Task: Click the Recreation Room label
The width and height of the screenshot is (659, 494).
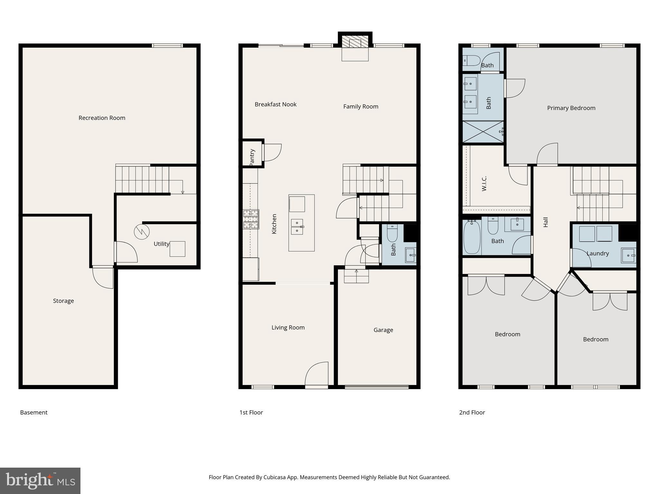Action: [102, 118]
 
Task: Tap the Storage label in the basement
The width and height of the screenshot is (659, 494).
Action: [63, 301]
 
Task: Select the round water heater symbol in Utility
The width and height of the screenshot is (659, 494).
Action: [142, 232]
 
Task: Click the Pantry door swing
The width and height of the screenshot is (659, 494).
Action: [272, 152]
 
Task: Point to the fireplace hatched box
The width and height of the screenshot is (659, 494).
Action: [355, 42]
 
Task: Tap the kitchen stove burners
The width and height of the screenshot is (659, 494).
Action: [251, 219]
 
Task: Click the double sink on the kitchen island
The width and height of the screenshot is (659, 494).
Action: [297, 227]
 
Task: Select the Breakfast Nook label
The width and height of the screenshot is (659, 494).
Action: [275, 105]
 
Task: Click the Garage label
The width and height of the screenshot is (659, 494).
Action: [383, 330]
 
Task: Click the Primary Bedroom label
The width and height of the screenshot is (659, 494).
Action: [571, 108]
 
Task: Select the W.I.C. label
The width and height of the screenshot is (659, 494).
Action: [484, 184]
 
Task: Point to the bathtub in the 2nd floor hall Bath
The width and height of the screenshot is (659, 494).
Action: [472, 237]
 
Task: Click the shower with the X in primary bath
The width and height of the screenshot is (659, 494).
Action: [483, 132]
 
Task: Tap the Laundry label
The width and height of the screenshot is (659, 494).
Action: [598, 253]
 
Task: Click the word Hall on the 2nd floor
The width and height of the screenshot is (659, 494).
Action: [546, 222]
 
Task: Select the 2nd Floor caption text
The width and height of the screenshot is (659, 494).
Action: [472, 413]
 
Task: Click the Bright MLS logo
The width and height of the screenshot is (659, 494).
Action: [40, 481]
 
